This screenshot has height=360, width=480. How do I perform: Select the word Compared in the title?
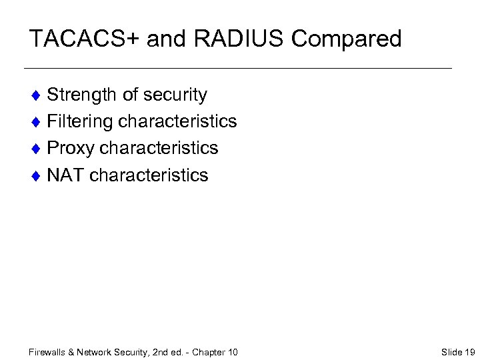click(x=347, y=39)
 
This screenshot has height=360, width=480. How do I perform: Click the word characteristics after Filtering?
click(x=177, y=121)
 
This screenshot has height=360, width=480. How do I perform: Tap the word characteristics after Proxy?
click(x=159, y=148)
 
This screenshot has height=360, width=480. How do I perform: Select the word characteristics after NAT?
click(x=149, y=175)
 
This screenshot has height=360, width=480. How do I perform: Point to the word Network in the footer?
click(x=95, y=352)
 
